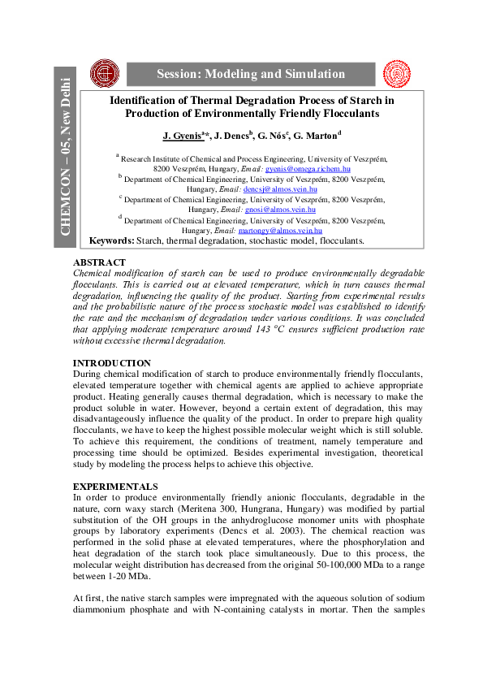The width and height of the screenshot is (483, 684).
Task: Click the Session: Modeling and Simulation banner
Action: (251, 74)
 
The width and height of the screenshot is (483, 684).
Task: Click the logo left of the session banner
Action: (103, 73)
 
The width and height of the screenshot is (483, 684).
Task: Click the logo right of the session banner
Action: (397, 73)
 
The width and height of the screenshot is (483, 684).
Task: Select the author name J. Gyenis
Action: (182, 136)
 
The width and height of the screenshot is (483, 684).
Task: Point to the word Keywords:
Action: (111, 241)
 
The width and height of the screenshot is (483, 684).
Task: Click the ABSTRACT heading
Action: (99, 262)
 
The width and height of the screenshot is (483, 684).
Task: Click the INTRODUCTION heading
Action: (111, 363)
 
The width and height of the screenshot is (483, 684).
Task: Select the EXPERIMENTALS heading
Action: (115, 486)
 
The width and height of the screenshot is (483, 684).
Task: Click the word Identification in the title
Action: (144, 101)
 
